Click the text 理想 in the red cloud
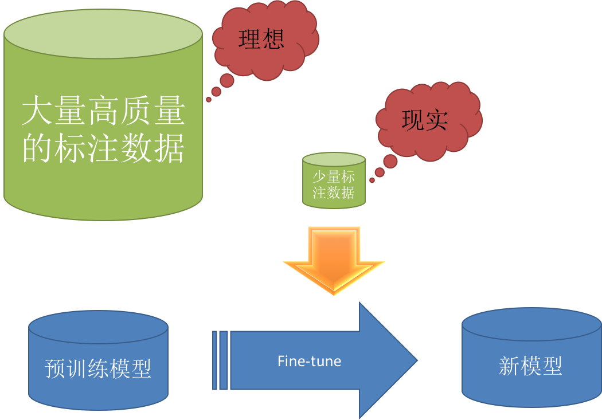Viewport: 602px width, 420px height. (x=261, y=40)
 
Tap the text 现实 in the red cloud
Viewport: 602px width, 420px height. (x=424, y=120)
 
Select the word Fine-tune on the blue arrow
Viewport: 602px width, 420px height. (x=309, y=362)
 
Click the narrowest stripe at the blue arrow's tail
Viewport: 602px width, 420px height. (x=214, y=360)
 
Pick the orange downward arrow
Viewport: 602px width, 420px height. (x=334, y=258)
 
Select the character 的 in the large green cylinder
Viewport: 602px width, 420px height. (x=34, y=148)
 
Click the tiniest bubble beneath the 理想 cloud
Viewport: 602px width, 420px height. (x=209, y=100)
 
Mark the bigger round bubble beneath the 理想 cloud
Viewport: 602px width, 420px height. (x=227, y=80)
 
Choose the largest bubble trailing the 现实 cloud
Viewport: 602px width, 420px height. (x=390, y=162)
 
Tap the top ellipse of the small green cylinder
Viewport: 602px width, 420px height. (x=334, y=160)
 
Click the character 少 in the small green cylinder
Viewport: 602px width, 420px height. (x=319, y=177)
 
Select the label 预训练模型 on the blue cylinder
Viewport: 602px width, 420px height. (x=98, y=368)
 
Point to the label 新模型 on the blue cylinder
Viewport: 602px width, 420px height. (x=530, y=366)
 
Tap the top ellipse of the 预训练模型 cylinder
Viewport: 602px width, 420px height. (x=98, y=327)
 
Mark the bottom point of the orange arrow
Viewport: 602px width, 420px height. (x=334, y=295)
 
